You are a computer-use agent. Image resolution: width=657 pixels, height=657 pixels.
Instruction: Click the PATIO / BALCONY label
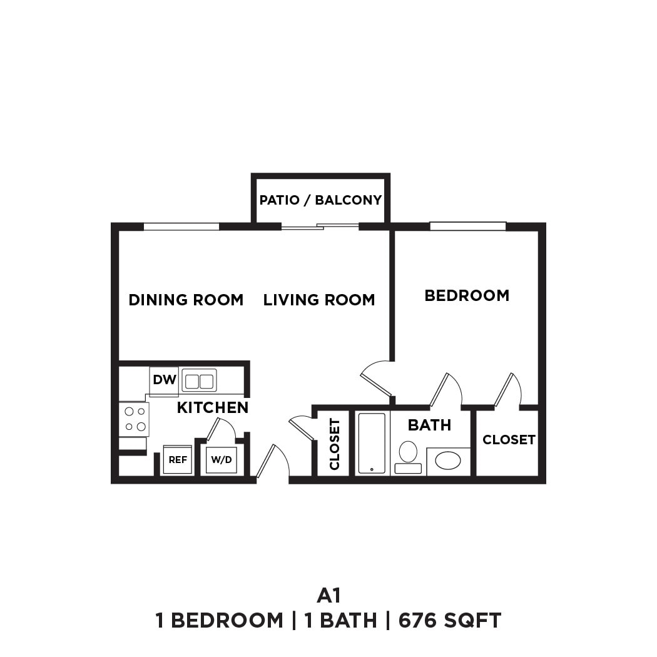tap(320, 200)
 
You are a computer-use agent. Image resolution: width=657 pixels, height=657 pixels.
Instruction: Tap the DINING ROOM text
tap(186, 300)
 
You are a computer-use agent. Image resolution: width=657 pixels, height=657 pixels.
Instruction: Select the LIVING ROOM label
tap(319, 300)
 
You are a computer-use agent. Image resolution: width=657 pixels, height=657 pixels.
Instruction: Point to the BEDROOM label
tap(467, 295)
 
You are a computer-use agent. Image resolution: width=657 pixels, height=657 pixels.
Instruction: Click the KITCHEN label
tap(213, 408)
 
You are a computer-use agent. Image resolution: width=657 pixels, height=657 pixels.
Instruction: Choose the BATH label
tap(429, 425)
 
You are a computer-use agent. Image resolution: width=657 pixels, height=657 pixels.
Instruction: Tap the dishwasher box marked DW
tap(164, 380)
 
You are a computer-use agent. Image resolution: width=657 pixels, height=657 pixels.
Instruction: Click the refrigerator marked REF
tap(178, 460)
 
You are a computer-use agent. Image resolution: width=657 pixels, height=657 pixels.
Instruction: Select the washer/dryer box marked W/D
tap(222, 460)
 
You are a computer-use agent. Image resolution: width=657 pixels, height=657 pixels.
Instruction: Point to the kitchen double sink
tap(199, 380)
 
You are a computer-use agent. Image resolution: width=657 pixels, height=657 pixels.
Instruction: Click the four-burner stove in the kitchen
tap(134, 419)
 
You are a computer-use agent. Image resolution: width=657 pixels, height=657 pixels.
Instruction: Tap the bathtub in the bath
tap(372, 442)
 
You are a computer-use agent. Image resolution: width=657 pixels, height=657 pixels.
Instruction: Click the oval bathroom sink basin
tap(448, 461)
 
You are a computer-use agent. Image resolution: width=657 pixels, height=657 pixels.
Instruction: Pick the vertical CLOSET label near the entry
tap(334, 444)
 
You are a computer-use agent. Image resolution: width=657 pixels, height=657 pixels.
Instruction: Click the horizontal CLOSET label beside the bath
tap(509, 440)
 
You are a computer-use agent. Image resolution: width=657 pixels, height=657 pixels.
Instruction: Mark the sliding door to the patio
tap(320, 227)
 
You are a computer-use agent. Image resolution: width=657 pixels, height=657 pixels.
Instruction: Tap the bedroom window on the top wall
tap(467, 227)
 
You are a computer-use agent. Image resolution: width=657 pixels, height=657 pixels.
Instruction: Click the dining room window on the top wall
tap(181, 227)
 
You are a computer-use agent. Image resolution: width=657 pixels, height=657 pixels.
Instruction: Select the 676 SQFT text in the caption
tap(450, 621)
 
